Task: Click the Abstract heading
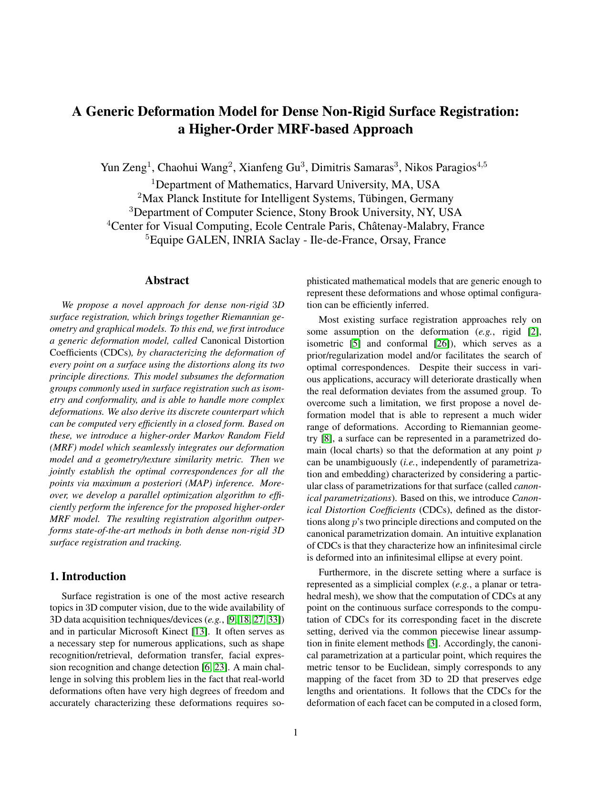pyautogui.click(x=167, y=280)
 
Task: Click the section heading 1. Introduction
pyautogui.click(x=88, y=576)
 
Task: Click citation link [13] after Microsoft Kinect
pyautogui.click(x=198, y=632)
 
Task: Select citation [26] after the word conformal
pyautogui.click(x=441, y=344)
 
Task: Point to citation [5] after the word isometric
pyautogui.click(x=354, y=344)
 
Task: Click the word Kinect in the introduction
pyautogui.click(x=175, y=632)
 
